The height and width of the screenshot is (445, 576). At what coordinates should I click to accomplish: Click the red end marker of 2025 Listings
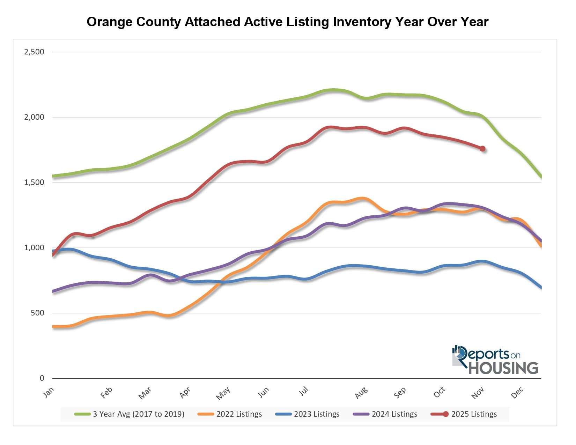click(x=482, y=149)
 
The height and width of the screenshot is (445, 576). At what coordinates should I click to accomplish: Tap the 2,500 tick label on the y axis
click(x=34, y=52)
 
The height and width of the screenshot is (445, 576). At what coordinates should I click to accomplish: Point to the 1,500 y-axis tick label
click(x=34, y=183)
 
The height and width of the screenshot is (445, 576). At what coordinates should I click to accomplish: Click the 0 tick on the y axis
click(x=42, y=378)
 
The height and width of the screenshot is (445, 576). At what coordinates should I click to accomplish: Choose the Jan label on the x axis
click(x=49, y=392)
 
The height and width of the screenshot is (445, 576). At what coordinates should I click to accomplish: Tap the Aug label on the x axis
click(x=361, y=393)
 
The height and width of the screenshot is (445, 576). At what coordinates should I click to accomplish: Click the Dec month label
click(x=517, y=393)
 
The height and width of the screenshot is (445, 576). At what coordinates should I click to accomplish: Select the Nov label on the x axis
click(x=478, y=393)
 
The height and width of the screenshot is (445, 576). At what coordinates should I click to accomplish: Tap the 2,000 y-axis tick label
click(x=34, y=117)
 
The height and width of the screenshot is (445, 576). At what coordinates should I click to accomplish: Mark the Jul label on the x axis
click(x=304, y=392)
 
